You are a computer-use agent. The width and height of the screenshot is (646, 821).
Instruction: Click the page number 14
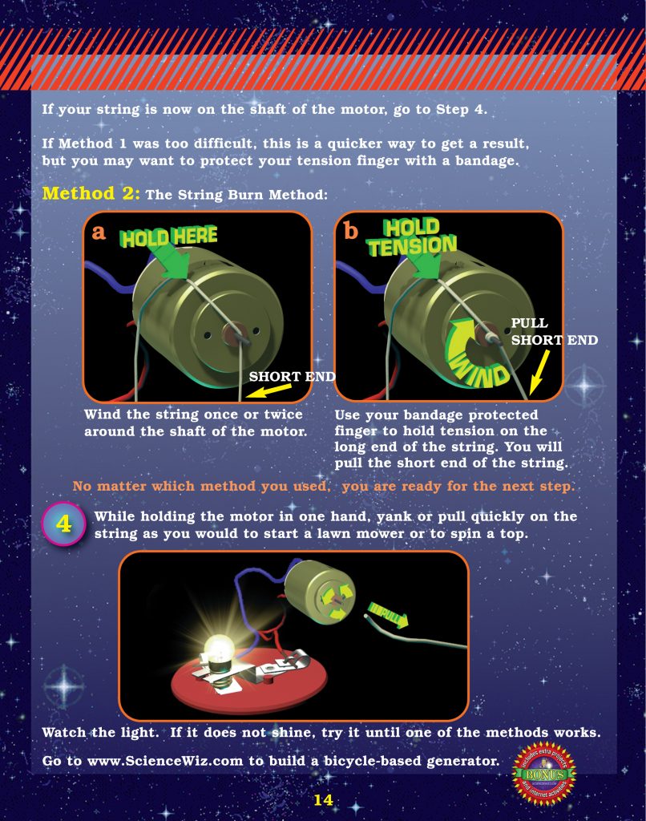pos(323,799)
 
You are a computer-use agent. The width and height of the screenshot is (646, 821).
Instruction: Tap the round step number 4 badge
pos(63,524)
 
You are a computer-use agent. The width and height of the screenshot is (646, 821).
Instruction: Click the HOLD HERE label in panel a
pos(168,235)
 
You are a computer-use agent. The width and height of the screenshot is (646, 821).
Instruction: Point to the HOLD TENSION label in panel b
pos(412,237)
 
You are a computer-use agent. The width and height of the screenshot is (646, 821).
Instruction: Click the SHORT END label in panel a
pos(292,376)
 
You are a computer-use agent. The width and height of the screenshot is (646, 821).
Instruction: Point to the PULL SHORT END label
pos(553,331)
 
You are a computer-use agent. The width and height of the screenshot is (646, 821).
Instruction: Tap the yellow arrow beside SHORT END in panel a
pos(268,390)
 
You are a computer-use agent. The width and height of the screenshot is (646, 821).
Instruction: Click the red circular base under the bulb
pos(248,682)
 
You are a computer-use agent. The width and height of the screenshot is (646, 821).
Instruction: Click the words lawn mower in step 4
pos(376,533)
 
